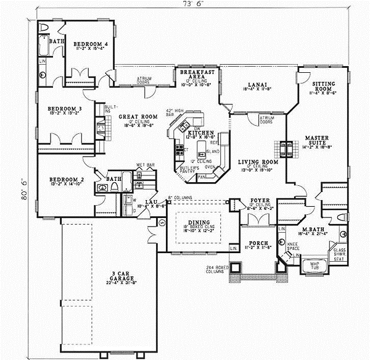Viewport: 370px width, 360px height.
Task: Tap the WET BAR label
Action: pos(145,165)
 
